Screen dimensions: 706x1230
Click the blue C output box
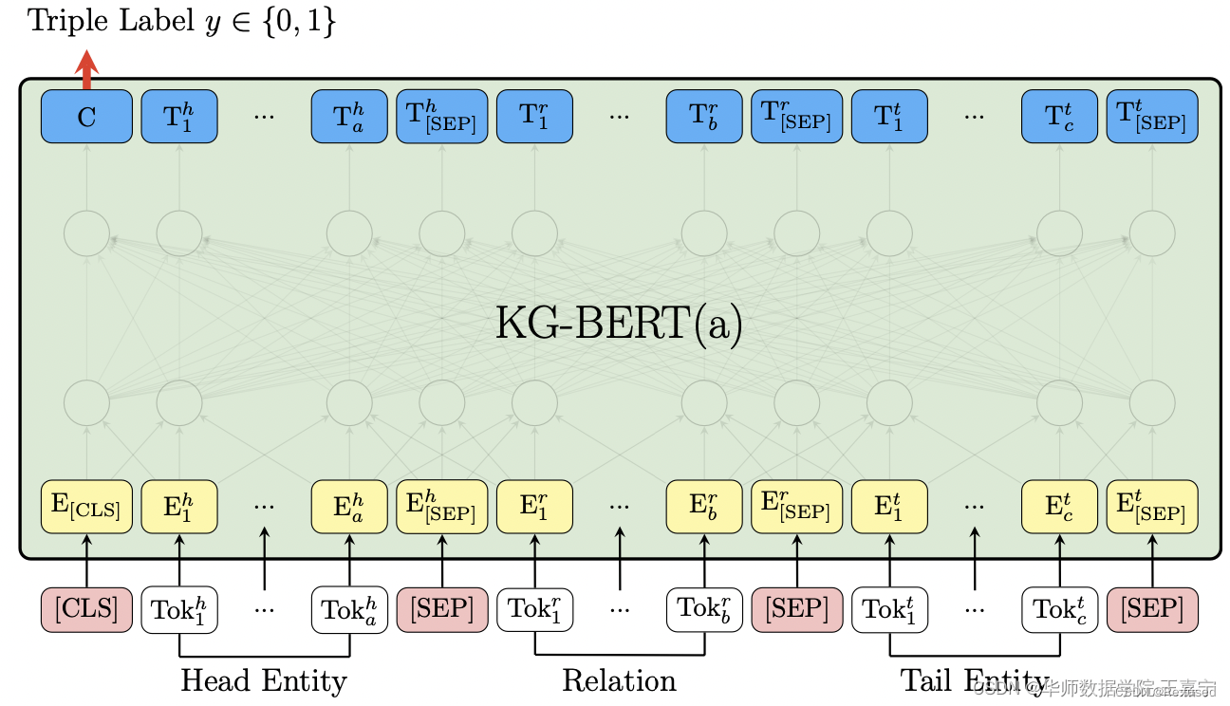(86, 117)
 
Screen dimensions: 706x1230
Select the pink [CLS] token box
(86, 609)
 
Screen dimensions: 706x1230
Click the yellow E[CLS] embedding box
(86, 507)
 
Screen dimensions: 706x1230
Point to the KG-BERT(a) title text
(619, 324)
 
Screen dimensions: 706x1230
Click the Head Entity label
(264, 680)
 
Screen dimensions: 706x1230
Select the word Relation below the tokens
(619, 680)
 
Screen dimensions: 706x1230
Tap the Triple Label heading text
(181, 21)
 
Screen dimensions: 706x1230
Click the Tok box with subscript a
(349, 609)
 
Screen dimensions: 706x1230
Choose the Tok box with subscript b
(704, 609)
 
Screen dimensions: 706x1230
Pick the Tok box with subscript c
(1059, 609)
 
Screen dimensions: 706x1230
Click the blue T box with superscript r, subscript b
(704, 117)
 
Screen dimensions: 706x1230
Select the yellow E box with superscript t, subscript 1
(889, 507)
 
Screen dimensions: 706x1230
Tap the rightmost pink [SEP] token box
(1152, 609)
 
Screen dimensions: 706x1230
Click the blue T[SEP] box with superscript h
(441, 117)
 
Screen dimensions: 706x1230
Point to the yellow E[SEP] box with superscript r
(796, 507)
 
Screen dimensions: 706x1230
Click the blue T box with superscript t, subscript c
(1059, 117)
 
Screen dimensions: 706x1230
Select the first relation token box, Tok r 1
(534, 609)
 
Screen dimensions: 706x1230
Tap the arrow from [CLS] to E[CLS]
(86, 560)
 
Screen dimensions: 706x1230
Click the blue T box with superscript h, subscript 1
(179, 117)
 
